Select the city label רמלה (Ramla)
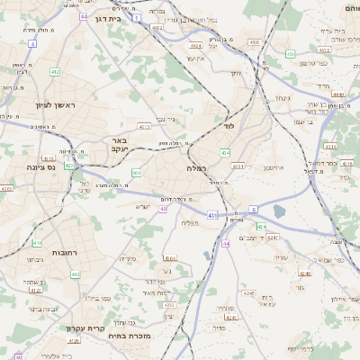(197, 168)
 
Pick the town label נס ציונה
(40, 167)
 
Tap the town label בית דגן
(107, 18)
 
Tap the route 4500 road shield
(254, 41)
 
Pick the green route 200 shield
(136, 173)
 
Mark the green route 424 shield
(261, 227)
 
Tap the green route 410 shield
(37, 243)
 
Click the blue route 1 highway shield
(136, 17)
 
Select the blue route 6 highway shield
(255, 209)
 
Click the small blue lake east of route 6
(279, 211)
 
